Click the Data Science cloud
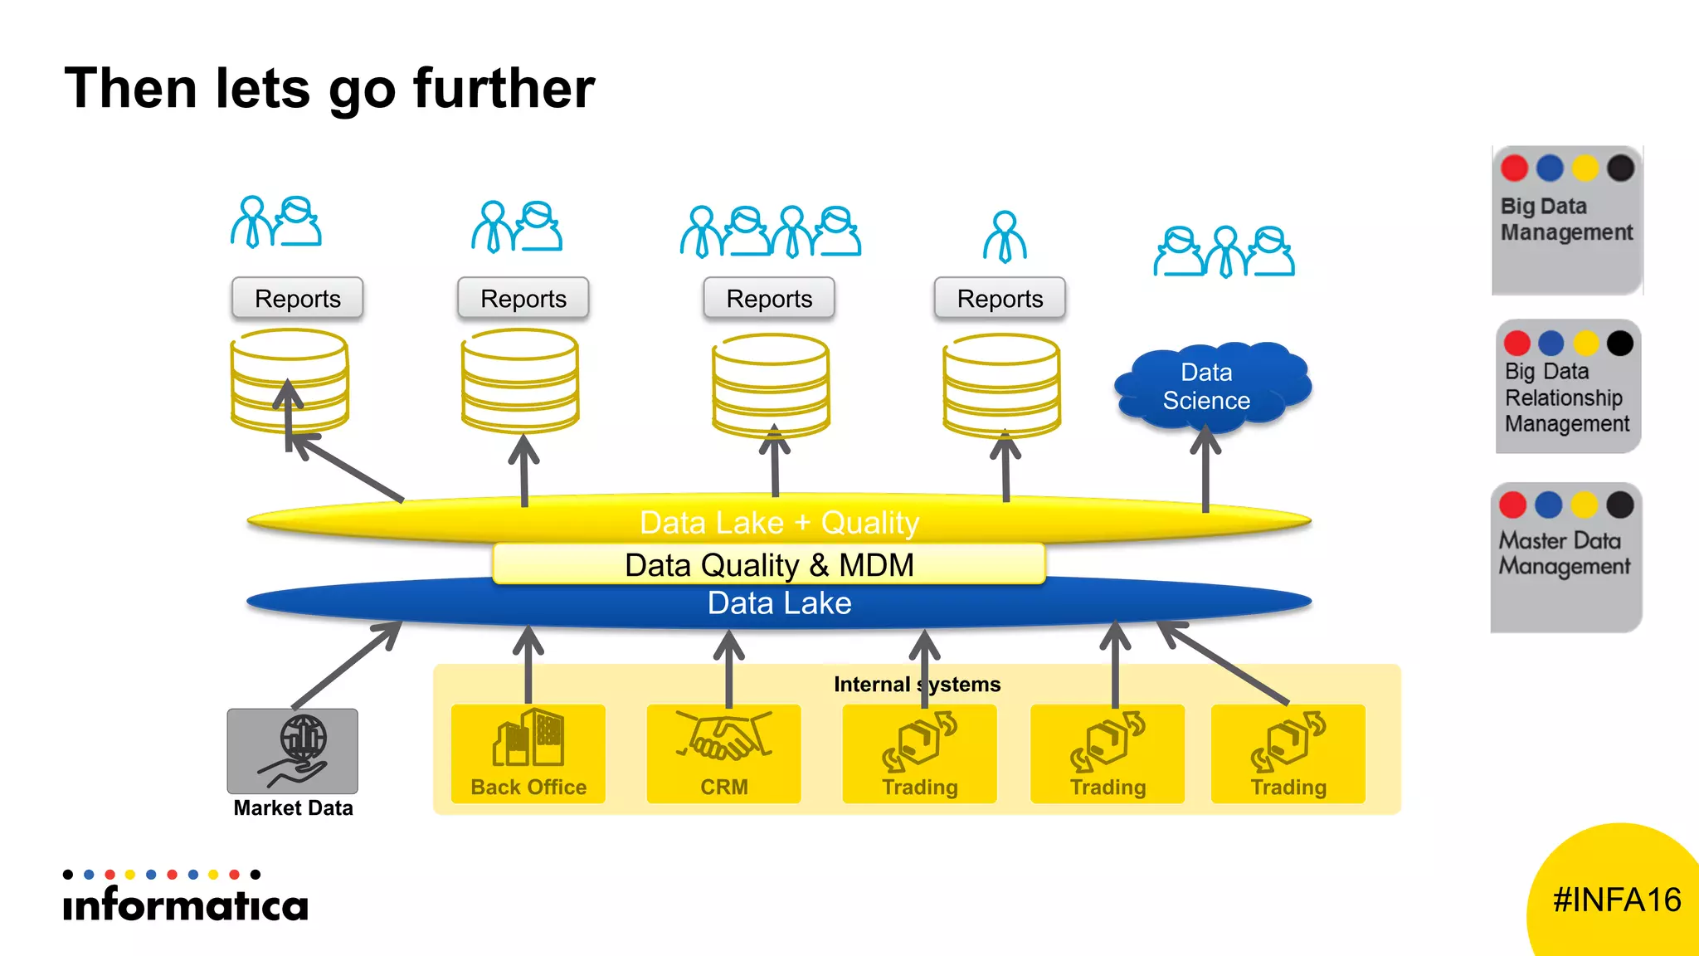click(1211, 387)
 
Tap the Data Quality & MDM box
click(768, 565)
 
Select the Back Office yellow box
click(528, 754)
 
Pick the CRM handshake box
click(723, 754)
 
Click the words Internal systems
click(917, 685)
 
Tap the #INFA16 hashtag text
click(1616, 900)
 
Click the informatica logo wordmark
click(185, 904)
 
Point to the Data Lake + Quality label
click(779, 523)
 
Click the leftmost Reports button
click(298, 299)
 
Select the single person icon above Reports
click(1005, 237)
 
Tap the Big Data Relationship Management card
click(1567, 387)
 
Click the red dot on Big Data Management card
click(1514, 168)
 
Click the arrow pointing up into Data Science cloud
click(1205, 469)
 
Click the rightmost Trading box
click(1288, 754)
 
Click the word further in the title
click(504, 89)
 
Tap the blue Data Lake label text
click(779, 603)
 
